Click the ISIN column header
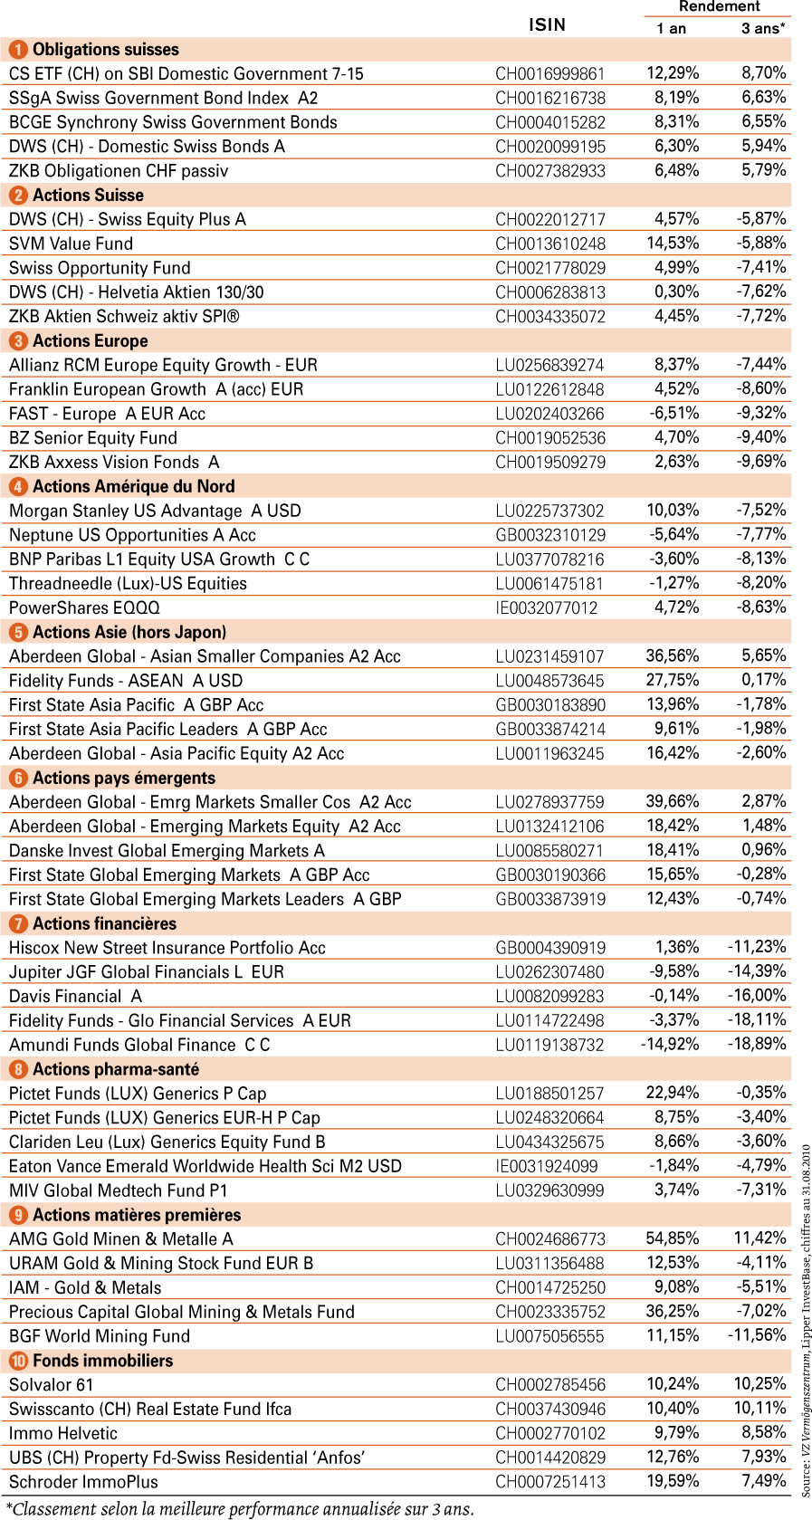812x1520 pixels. coord(547,25)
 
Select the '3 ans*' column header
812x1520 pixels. coord(762,28)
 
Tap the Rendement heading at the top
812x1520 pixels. coord(719,6)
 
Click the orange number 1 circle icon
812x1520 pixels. coord(18,50)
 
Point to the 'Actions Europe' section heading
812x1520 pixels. coord(91,340)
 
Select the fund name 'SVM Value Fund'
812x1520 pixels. coord(71,244)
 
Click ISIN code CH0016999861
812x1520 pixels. coord(549,74)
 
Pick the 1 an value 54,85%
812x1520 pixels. coord(673,1238)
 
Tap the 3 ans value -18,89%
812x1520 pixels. coord(757,1044)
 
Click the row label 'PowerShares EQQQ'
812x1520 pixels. coord(84,608)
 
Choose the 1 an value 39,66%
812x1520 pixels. coord(673,801)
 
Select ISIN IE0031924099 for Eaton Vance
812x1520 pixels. coord(547,1166)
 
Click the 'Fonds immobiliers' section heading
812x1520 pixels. coord(102,1361)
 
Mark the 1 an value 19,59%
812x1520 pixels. coord(673,1481)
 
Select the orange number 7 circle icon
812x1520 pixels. coord(18,923)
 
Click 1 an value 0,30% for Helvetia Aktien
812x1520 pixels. coord(676,292)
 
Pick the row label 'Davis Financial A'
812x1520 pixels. coord(75,996)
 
